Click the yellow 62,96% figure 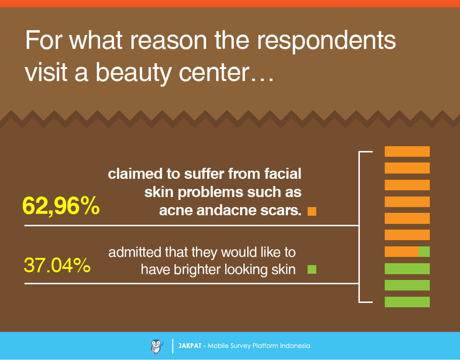(x=61, y=206)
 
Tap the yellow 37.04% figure (x=57, y=265)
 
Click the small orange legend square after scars (x=312, y=211)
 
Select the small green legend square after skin (x=312, y=269)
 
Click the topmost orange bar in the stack (x=407, y=151)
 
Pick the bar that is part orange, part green (x=407, y=252)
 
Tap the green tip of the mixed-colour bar (x=424, y=252)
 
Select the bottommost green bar (x=407, y=302)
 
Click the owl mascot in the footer (x=156, y=346)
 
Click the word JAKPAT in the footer (x=190, y=346)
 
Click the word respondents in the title (x=326, y=41)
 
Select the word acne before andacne (x=176, y=210)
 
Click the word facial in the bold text (x=283, y=174)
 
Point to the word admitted (x=134, y=252)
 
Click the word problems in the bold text (x=211, y=193)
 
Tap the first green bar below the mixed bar (x=407, y=269)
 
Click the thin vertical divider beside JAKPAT (x=172, y=346)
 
